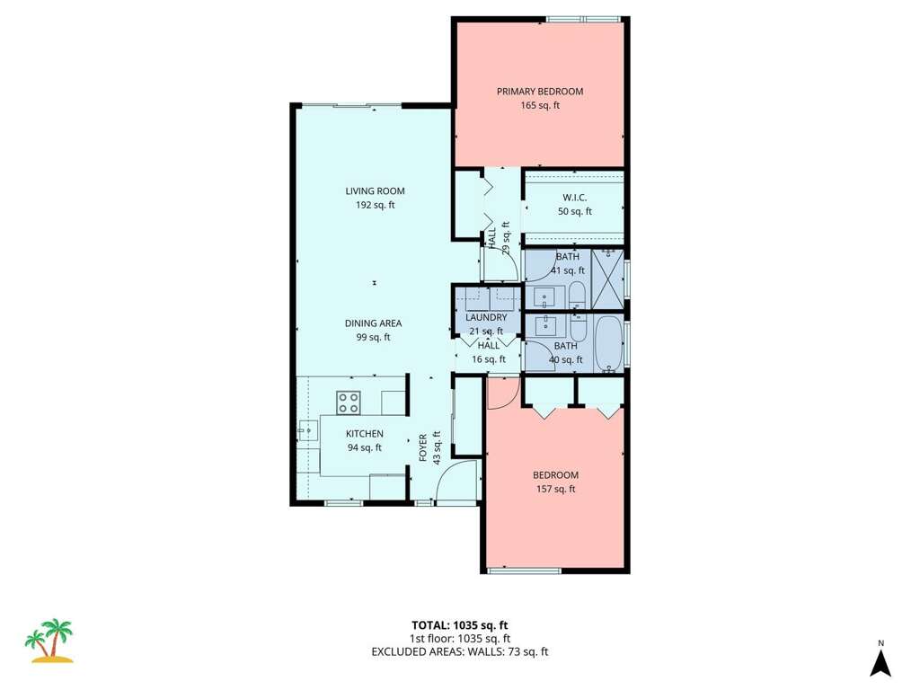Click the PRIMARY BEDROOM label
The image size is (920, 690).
540,92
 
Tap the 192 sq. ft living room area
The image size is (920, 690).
375,206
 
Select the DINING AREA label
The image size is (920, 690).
373,323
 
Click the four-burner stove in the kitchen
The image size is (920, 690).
348,402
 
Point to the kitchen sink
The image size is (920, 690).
307,431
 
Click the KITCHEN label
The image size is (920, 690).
365,434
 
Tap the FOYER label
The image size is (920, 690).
422,447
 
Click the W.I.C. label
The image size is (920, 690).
574,198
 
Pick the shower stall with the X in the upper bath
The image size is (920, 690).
607,279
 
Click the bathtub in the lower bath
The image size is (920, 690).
610,344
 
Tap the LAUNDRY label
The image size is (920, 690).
486,317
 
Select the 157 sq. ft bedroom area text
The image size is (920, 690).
555,490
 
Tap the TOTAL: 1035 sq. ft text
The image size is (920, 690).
459,625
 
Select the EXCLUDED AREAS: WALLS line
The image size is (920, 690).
459,652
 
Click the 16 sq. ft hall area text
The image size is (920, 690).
488,359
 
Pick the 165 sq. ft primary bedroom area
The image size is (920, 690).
540,106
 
